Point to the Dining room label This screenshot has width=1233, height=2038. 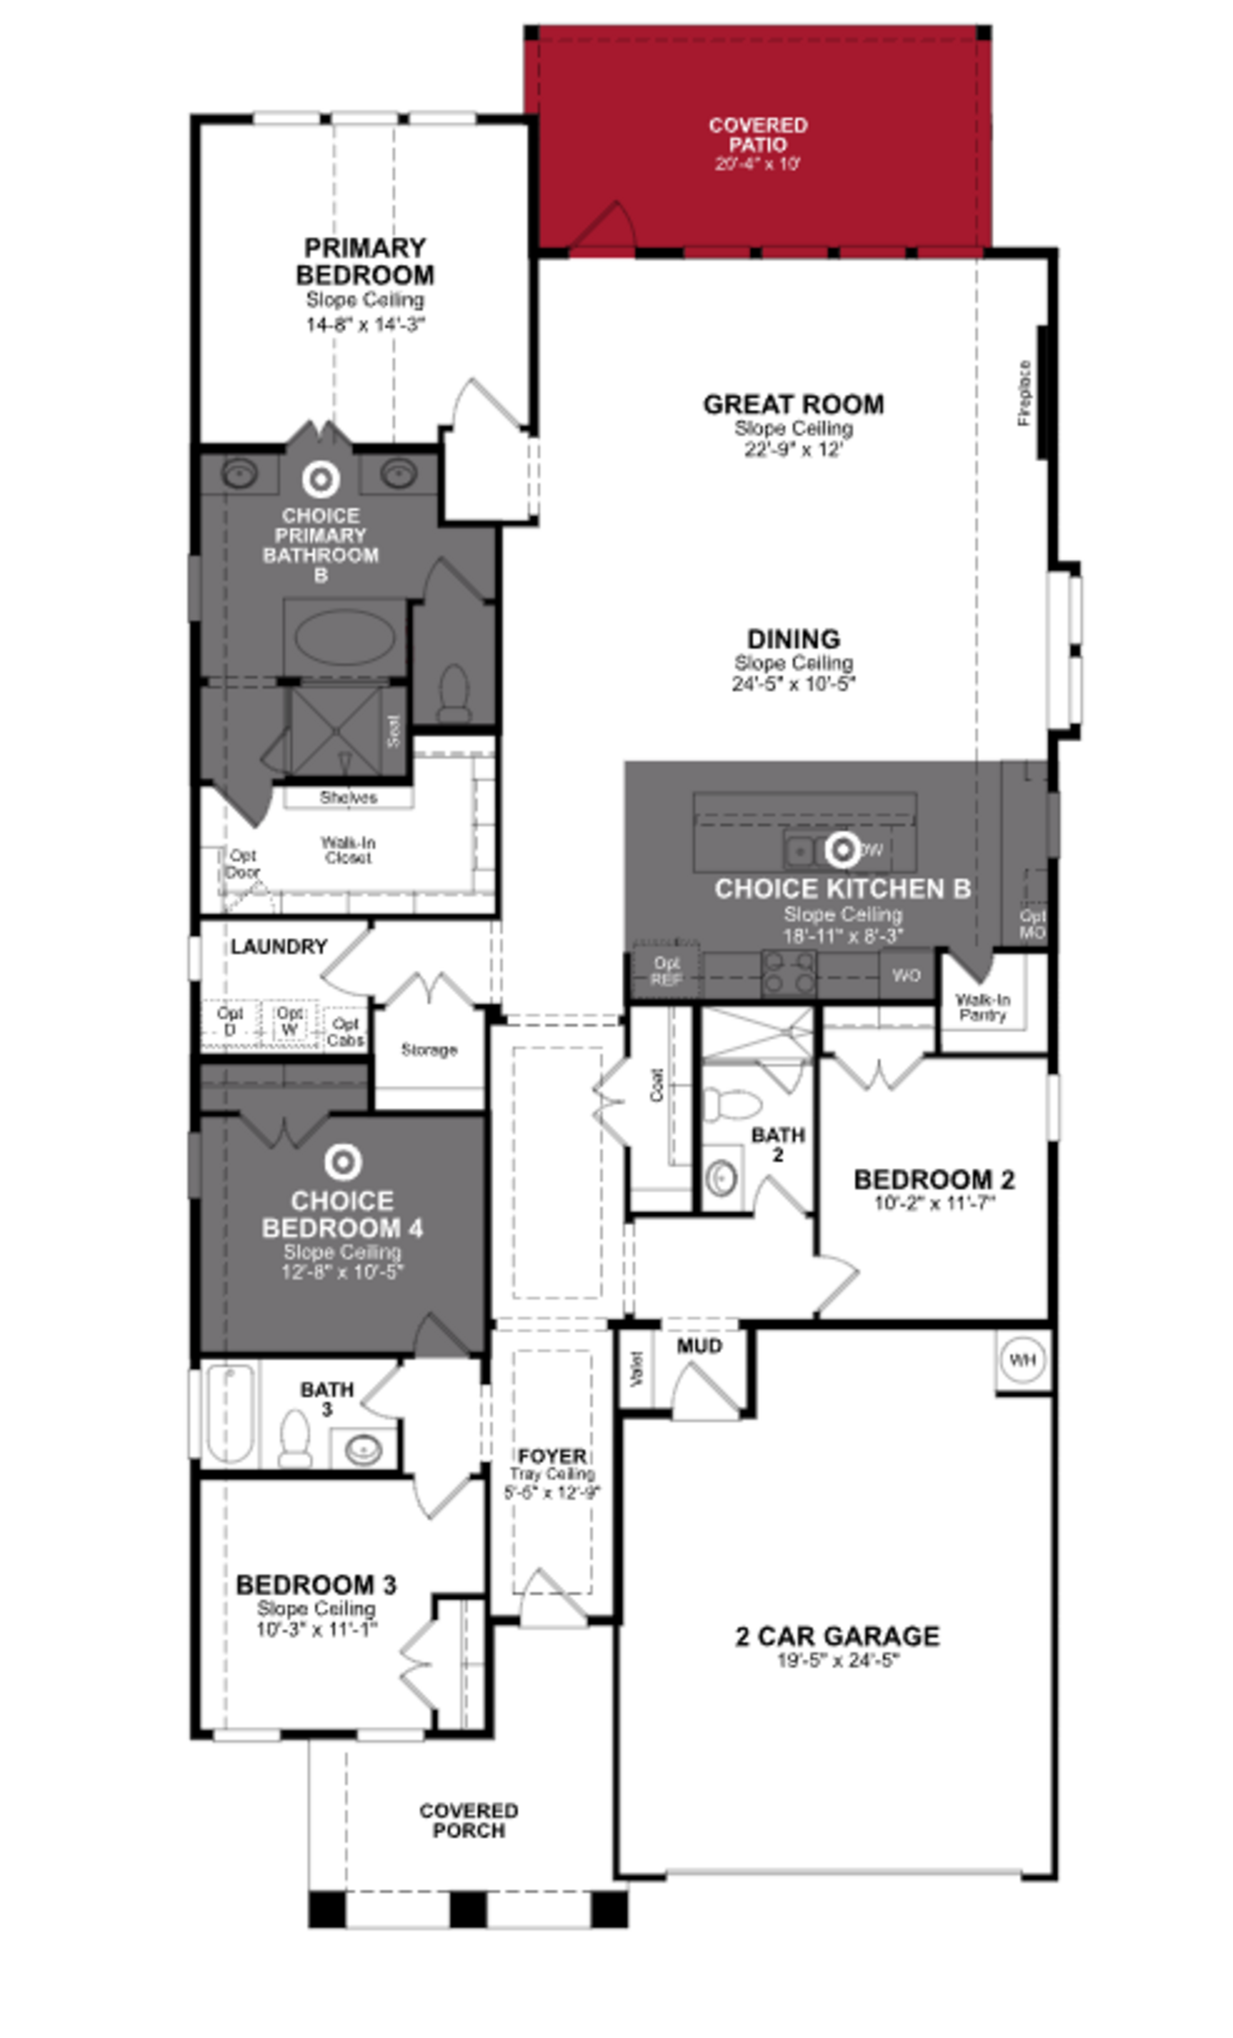tap(793, 639)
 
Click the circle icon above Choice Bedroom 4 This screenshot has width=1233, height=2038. tap(342, 1162)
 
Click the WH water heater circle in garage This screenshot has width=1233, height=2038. tap(1022, 1359)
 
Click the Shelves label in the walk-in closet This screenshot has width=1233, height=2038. tap(348, 797)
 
